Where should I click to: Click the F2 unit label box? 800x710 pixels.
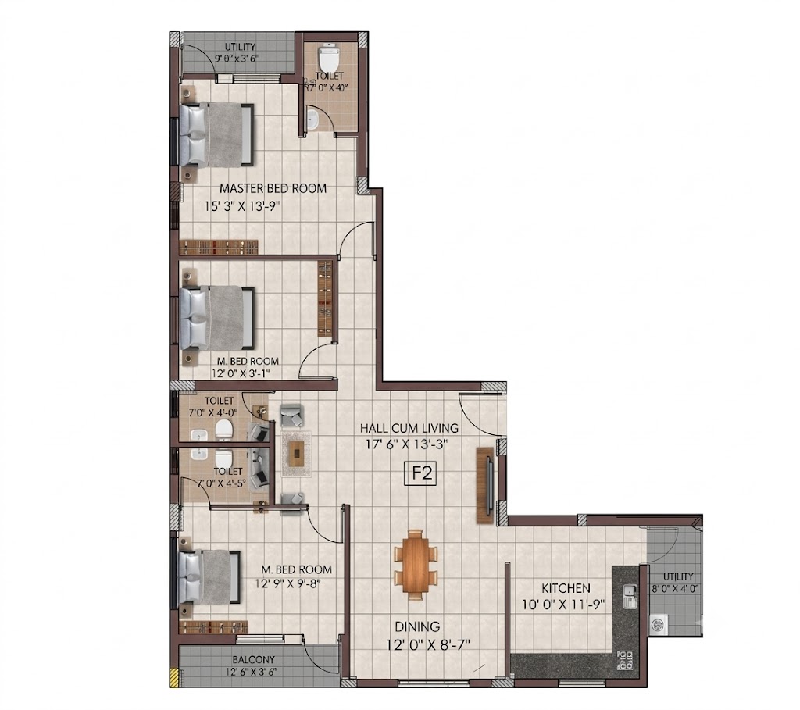tap(422, 473)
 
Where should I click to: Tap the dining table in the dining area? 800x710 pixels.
tap(416, 564)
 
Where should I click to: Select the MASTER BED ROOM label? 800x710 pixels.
tap(273, 188)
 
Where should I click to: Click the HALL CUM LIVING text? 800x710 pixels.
tap(409, 428)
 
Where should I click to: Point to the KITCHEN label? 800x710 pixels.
tap(566, 588)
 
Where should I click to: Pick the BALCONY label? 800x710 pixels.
tap(253, 659)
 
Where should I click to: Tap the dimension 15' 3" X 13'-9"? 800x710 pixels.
tap(244, 206)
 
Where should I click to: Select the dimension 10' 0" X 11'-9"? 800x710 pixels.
tap(563, 605)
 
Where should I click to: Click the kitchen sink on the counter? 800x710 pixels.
tap(630, 596)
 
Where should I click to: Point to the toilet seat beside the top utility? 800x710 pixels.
tap(329, 59)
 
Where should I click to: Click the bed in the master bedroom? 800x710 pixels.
tap(216, 134)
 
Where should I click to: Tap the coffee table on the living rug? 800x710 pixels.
tap(296, 454)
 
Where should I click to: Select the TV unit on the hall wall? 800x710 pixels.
tap(486, 484)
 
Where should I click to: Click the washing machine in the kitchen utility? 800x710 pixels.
tap(658, 625)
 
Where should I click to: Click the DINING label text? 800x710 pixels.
tap(417, 626)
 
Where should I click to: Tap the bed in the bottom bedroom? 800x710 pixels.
tap(209, 577)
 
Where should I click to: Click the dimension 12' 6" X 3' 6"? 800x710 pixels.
tap(251, 672)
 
